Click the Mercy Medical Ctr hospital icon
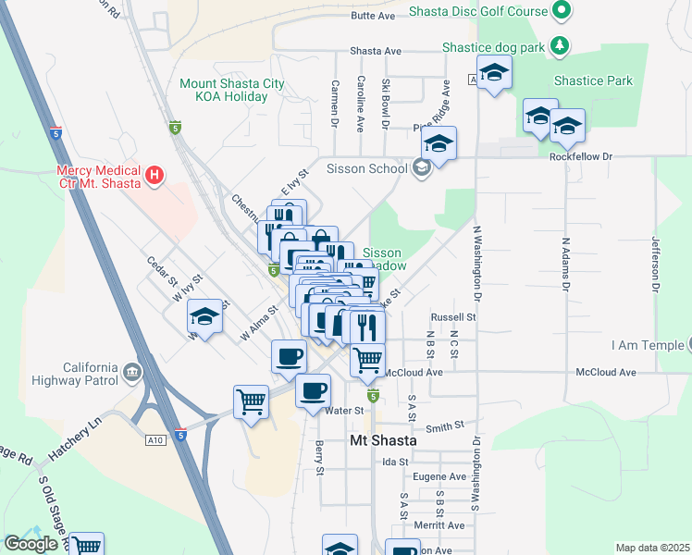coord(155,173)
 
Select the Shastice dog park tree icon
coord(558,44)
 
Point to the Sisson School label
coord(367,168)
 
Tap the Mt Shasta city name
coord(383,441)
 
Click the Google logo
coord(31,544)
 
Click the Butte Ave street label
coord(373,16)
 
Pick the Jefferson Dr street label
coord(655,263)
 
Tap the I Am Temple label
coord(648,346)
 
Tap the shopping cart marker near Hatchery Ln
coord(251,402)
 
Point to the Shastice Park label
coord(593,80)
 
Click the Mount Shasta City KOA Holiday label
coord(232,90)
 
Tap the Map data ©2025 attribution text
coord(652,548)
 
